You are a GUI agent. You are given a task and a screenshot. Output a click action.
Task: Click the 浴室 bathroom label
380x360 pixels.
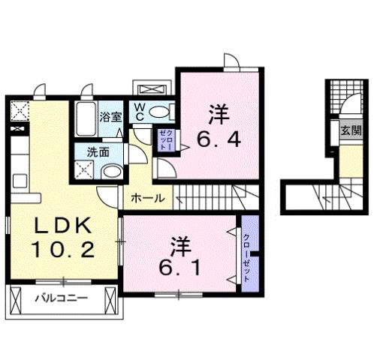click(111, 116)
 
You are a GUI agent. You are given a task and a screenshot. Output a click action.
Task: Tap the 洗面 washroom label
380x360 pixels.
click(98, 151)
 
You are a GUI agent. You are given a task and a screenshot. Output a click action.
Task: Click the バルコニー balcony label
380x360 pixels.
click(62, 298)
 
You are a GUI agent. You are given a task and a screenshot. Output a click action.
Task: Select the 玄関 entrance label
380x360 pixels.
click(350, 130)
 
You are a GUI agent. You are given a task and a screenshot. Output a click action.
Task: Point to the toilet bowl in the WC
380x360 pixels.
click(160, 112)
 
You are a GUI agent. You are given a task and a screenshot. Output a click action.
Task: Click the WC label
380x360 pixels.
click(140, 112)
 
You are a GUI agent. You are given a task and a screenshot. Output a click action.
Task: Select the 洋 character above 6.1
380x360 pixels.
click(179, 244)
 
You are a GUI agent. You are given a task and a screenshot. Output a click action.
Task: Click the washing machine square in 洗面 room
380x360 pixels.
click(85, 169)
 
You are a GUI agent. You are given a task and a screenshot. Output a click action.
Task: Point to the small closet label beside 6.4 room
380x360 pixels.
click(164, 140)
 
